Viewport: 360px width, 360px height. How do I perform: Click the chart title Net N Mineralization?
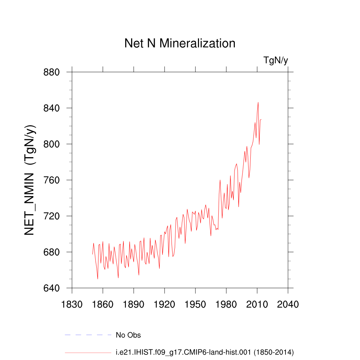point(180,43)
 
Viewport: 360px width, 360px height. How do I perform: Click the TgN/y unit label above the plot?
point(276,60)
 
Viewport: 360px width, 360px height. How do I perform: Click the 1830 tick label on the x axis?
point(72,304)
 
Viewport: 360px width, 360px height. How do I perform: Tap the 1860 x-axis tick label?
point(103,304)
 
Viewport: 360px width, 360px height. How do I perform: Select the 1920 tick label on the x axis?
point(165,304)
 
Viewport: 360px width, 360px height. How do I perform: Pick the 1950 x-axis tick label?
point(195,304)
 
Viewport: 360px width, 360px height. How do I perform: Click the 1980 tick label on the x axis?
point(226,304)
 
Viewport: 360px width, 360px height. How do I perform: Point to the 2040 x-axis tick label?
point(288,304)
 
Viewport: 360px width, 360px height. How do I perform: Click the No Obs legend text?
point(128,335)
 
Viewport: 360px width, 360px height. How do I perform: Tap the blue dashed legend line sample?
point(88,335)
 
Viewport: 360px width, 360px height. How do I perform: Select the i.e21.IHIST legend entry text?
point(205,352)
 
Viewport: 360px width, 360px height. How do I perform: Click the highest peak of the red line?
point(258,102)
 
